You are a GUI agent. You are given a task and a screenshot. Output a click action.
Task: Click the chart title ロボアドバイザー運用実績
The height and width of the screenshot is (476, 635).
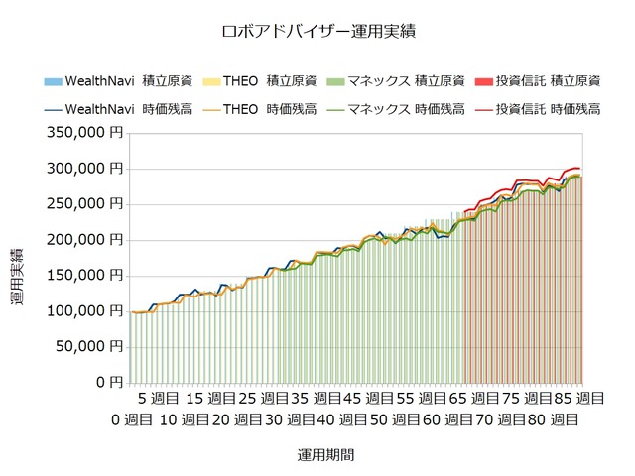tap(317, 31)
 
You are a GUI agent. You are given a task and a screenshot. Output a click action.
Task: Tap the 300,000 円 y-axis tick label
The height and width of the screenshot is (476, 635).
tap(84, 168)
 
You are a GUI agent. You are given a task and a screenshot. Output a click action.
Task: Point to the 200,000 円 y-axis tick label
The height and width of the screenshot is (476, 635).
tap(84, 239)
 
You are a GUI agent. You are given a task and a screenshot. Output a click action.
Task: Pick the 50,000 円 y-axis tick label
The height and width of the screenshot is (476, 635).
tap(88, 346)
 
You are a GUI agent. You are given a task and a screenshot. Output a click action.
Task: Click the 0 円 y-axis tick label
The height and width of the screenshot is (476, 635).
tap(109, 382)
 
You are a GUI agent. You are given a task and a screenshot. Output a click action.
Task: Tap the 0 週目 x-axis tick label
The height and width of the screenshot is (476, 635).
tap(132, 419)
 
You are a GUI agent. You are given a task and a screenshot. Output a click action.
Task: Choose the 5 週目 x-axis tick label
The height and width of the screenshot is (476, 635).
tap(158, 399)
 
